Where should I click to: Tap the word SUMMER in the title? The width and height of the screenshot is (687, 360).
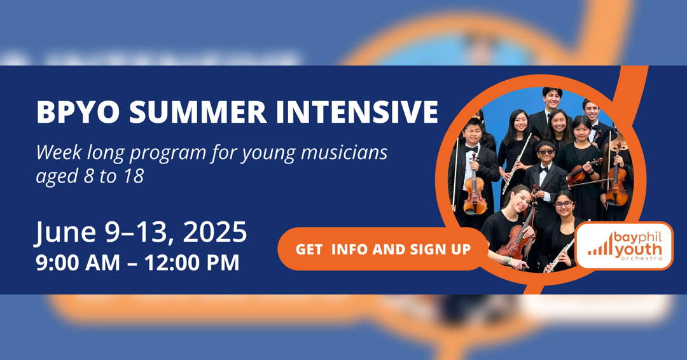[x=198, y=112]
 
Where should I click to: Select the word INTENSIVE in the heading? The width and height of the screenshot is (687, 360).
[x=357, y=112]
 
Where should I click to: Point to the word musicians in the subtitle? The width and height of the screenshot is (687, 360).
[x=344, y=153]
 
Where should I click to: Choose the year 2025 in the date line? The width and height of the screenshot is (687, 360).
[x=215, y=232]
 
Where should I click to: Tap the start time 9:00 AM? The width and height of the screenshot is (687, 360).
[x=78, y=263]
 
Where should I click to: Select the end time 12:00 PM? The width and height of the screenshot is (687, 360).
[x=192, y=263]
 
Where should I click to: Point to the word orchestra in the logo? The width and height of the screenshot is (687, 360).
[x=641, y=259]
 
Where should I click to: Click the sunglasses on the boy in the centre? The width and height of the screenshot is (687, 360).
[x=546, y=152]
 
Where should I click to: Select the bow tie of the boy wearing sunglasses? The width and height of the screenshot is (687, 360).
[x=545, y=169]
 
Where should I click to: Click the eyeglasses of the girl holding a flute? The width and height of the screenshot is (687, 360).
[x=564, y=204]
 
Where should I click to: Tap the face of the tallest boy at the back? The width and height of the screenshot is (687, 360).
[x=552, y=99]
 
